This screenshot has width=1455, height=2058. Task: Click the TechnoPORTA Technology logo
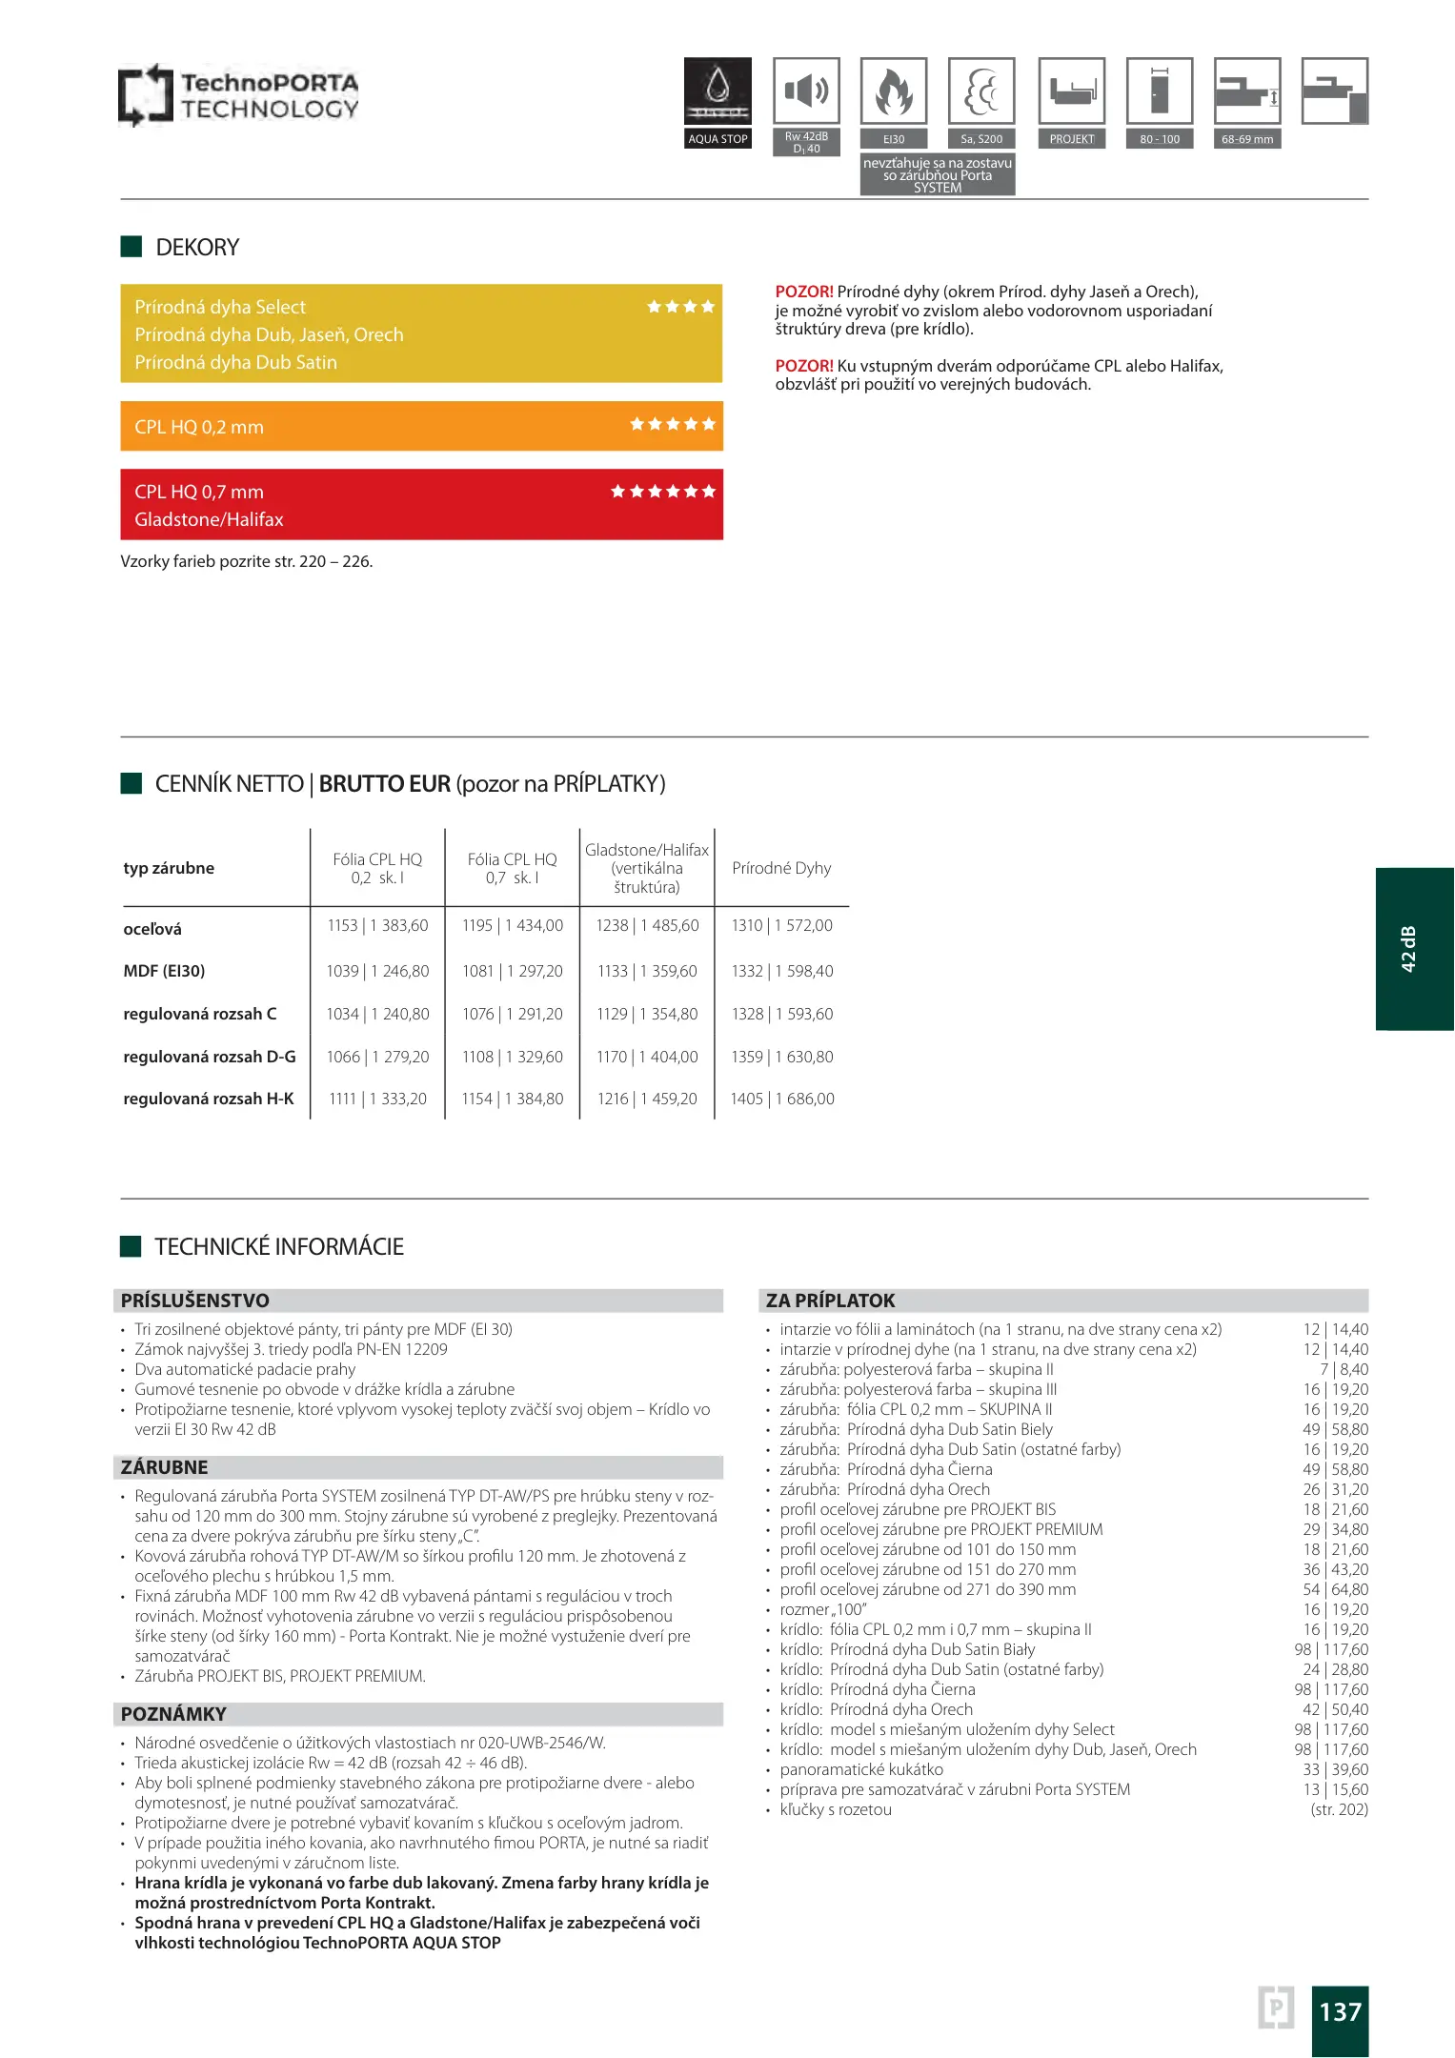pos(238,95)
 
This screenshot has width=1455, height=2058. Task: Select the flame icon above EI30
pos(893,91)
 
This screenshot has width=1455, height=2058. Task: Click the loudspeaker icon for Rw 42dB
pos(806,91)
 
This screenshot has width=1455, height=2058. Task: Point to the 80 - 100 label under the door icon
pos(1160,139)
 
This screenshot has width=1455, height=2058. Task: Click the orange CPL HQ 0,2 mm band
pos(421,426)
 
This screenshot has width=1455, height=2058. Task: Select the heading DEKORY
pos(197,248)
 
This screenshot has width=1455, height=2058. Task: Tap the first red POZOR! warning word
pos(803,292)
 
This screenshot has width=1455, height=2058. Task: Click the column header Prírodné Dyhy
pos(781,868)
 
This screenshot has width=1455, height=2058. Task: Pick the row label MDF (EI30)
pos(164,971)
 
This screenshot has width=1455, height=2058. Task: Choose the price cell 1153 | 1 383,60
pos(377,925)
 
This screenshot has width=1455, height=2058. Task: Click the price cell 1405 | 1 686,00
pos(782,1099)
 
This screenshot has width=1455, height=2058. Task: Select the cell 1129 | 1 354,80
pos(647,1014)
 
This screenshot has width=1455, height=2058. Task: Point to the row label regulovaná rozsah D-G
pos(210,1057)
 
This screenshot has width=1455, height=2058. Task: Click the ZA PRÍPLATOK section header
pos(831,1301)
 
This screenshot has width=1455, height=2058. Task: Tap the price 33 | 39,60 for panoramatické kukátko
pos(1335,1769)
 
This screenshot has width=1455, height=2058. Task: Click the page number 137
pos(1340,2011)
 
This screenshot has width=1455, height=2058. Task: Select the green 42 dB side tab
pos(1413,948)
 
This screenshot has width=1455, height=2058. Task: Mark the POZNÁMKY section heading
pos(173,1714)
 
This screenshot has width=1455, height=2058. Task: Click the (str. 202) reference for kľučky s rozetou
pos(1339,1809)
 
